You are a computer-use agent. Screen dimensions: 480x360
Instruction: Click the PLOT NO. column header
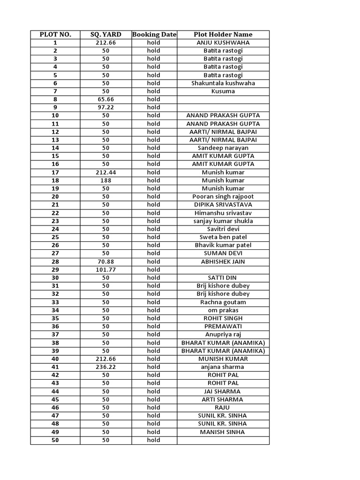55,34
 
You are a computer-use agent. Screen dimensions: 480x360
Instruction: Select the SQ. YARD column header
105,34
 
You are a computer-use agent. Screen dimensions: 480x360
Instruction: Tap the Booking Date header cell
154,34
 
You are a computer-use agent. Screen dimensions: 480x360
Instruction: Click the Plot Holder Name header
223,34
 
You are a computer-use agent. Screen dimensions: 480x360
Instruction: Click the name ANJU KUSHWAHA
223,43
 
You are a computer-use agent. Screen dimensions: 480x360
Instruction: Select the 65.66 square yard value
105,99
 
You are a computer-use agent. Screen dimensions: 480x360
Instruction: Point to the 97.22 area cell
105,107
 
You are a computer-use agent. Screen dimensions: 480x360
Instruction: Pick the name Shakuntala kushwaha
223,83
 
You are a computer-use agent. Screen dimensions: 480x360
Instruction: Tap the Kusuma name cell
223,91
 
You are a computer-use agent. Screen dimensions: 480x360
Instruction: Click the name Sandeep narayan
223,148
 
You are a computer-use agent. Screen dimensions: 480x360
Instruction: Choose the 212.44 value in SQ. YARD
105,172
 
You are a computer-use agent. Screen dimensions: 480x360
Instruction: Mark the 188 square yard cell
105,180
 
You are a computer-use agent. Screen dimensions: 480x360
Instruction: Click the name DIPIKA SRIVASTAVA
223,205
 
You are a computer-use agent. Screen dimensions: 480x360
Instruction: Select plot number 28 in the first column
55,262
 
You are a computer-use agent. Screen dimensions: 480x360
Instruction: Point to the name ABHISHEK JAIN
223,262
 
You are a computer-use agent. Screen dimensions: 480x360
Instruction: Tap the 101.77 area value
105,270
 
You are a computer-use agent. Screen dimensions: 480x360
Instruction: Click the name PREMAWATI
223,326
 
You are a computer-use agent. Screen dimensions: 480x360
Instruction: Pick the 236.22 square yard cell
105,367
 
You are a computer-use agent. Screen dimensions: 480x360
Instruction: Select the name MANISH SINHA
223,432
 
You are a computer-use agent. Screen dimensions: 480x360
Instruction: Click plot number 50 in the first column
55,440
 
